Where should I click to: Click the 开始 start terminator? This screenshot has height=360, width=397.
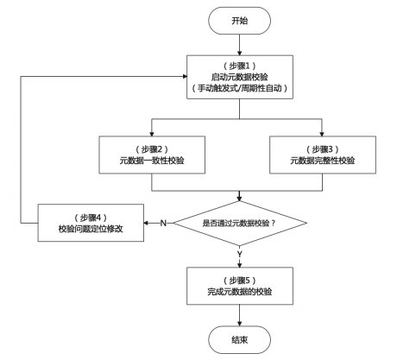[239, 21]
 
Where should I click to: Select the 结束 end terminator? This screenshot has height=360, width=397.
[239, 340]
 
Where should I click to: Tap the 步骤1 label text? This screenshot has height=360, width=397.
[240, 66]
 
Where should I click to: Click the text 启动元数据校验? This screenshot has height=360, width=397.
[240, 77]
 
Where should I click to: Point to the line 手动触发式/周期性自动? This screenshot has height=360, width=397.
[240, 88]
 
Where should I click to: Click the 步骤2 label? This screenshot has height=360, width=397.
[152, 149]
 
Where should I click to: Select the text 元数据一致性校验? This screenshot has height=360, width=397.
[152, 161]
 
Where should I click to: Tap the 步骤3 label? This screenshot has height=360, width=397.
[323, 149]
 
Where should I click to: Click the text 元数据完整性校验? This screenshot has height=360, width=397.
[323, 161]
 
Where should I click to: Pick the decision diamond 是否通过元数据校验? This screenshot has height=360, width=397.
[240, 223]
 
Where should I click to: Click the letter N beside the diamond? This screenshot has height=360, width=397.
[163, 223]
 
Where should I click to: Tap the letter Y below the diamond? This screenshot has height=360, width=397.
[240, 254]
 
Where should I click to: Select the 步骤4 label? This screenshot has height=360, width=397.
[91, 218]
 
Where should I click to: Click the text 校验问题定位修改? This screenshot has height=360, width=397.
[91, 229]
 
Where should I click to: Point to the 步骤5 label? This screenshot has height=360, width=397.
[240, 281]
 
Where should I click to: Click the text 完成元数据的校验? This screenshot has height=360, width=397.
[240, 292]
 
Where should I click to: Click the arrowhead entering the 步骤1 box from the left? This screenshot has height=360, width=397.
[185, 76]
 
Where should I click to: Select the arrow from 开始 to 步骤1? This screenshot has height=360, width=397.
[239, 45]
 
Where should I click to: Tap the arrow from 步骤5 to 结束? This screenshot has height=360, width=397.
[239, 315]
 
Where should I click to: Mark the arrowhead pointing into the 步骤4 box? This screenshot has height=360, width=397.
[146, 223]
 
